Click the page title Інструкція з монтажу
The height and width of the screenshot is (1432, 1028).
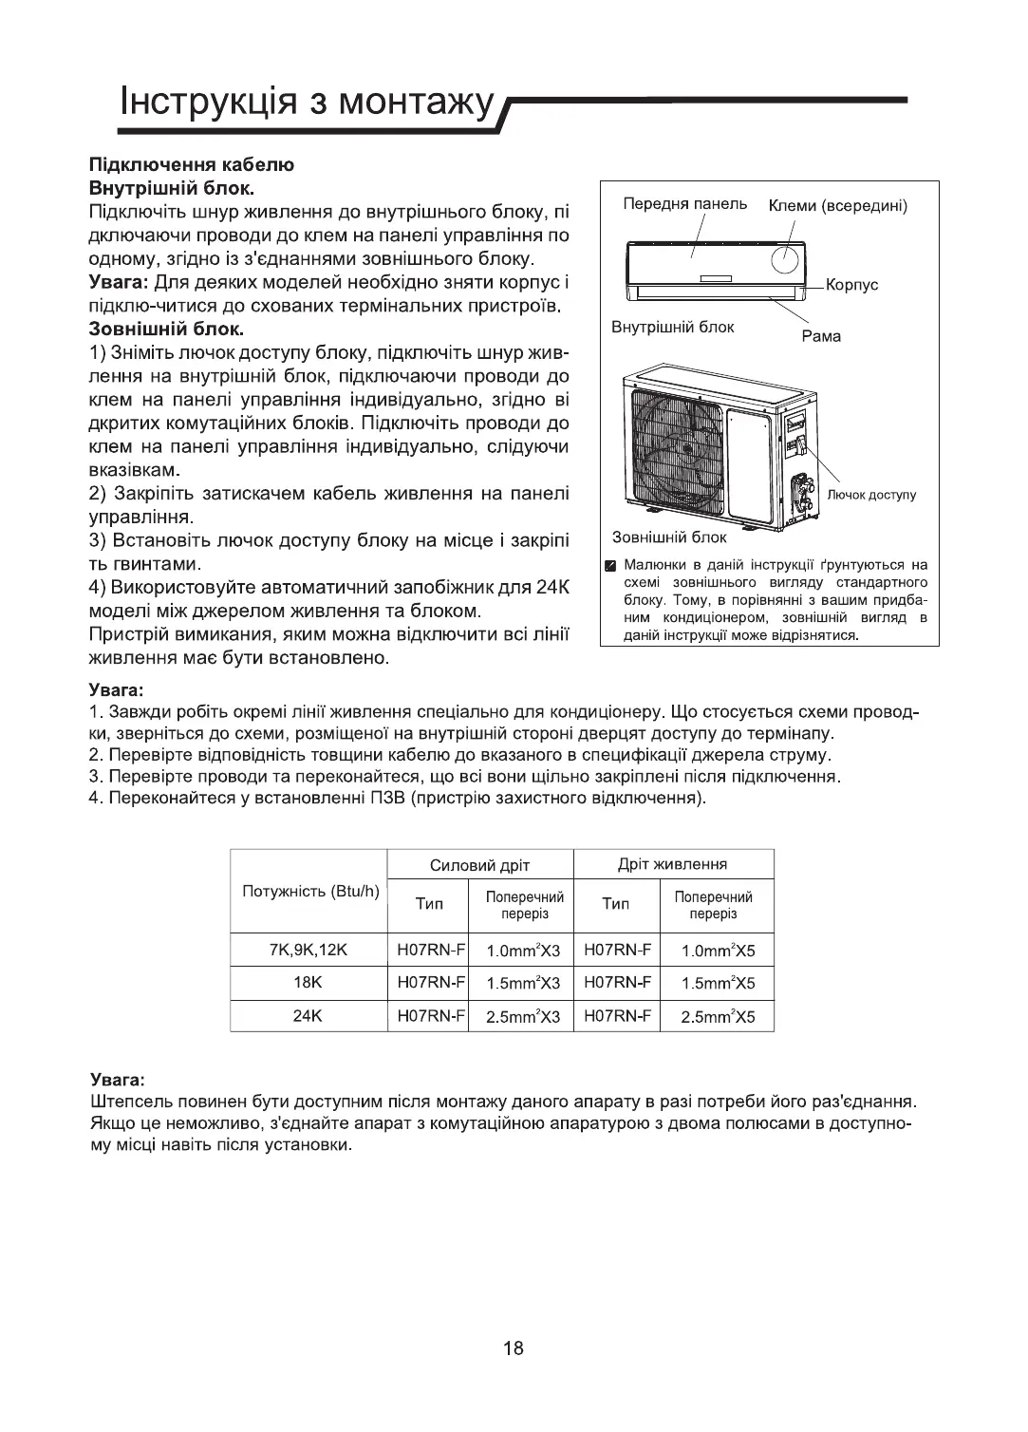click(308, 102)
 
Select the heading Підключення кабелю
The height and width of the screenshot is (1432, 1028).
click(191, 164)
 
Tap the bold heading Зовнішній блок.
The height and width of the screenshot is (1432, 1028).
click(166, 330)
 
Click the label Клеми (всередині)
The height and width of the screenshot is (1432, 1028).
click(838, 205)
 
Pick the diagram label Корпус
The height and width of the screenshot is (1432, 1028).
click(851, 284)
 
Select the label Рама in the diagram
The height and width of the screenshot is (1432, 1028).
click(821, 336)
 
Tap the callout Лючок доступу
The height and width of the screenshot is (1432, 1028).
click(871, 495)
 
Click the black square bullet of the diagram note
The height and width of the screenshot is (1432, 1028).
click(612, 567)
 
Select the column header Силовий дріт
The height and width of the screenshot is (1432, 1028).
click(479, 864)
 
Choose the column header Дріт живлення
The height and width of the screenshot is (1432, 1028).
click(672, 863)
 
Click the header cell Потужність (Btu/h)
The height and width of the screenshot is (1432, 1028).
click(310, 892)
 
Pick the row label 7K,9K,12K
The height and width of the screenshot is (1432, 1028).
click(309, 949)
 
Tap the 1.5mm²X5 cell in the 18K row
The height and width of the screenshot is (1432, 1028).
click(718, 983)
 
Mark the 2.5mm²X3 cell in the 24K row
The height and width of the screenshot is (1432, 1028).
click(523, 1016)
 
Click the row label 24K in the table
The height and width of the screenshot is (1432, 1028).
click(309, 1015)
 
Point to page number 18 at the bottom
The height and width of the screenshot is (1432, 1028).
click(514, 1348)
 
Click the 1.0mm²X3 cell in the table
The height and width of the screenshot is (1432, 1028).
click(523, 950)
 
